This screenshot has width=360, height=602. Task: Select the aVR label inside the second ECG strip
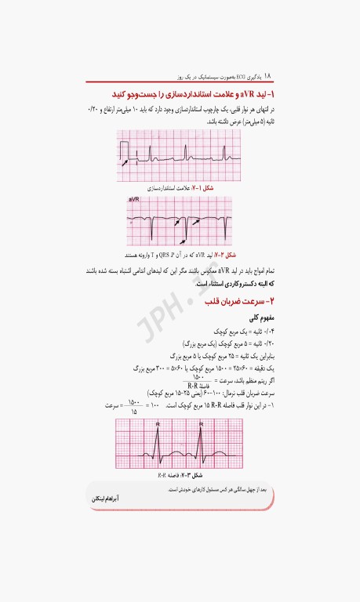coord(134,201)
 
